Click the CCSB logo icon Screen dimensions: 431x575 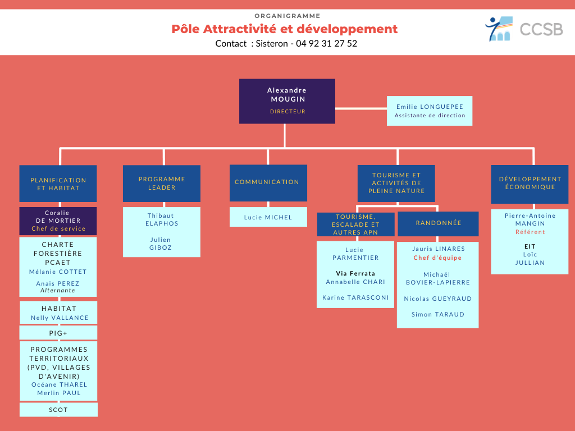pyautogui.click(x=499, y=29)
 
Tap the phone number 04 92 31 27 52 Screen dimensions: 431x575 pyautogui.click(x=326, y=43)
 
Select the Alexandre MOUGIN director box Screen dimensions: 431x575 pyautogui.click(x=287, y=101)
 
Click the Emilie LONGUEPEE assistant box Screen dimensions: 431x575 pyautogui.click(x=430, y=111)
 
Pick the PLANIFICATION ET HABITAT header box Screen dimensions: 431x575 pyautogui.click(x=58, y=184)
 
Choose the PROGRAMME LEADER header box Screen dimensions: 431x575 pyautogui.click(x=162, y=183)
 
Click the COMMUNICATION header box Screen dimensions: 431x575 pyautogui.click(x=268, y=182)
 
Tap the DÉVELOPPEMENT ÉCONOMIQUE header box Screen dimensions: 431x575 pyautogui.click(x=530, y=184)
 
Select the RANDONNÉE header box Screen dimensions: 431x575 pyautogui.click(x=438, y=223)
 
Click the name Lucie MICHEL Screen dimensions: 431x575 pyautogui.click(x=268, y=217)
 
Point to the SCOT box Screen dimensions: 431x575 pyautogui.click(x=58, y=410)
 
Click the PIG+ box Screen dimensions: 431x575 pyautogui.click(x=58, y=333)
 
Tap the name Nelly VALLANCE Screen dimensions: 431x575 pyautogui.click(x=60, y=318)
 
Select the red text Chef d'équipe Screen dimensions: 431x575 pyautogui.click(x=437, y=258)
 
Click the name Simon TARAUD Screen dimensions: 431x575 pyautogui.click(x=438, y=314)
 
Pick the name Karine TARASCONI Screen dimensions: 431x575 pyautogui.click(x=355, y=297)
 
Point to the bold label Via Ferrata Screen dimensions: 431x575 pyautogui.click(x=355, y=273)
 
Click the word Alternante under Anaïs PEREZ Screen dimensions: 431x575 pyautogui.click(x=58, y=291)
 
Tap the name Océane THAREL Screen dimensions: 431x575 pyautogui.click(x=59, y=384)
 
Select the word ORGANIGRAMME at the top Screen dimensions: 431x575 pyautogui.click(x=287, y=16)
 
